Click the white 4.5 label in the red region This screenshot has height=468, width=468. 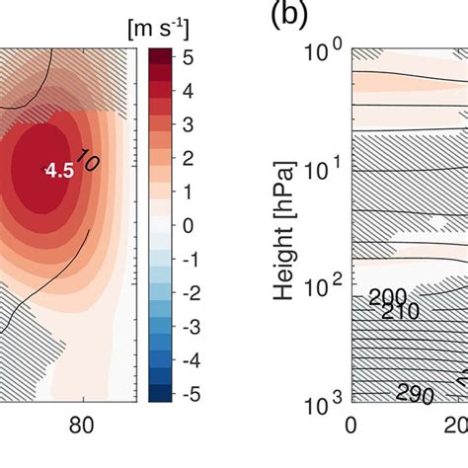60,171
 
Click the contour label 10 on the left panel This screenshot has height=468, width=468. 87,164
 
